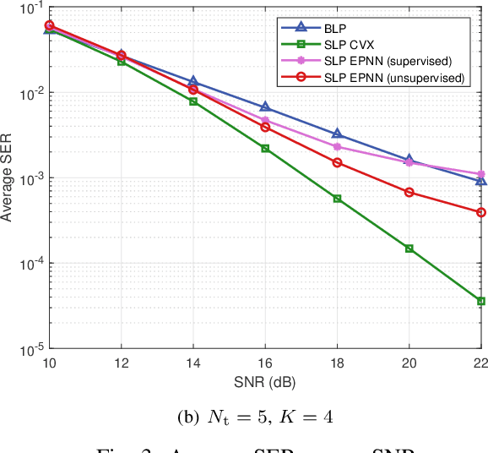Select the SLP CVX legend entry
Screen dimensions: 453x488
(x=348, y=44)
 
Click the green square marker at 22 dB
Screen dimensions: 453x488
(x=481, y=301)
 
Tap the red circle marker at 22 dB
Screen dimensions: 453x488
(x=481, y=212)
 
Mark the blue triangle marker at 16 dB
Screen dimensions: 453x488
(x=265, y=107)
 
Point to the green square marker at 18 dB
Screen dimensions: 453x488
(x=337, y=199)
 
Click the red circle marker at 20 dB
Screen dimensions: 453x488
(x=409, y=192)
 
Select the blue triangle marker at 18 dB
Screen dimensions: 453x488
(x=337, y=134)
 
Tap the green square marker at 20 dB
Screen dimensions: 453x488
(x=409, y=248)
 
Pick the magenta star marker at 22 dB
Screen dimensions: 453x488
(x=481, y=173)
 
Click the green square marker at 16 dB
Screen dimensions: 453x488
(x=265, y=148)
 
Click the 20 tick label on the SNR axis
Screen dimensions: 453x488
(x=409, y=363)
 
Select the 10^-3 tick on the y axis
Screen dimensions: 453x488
(x=25, y=178)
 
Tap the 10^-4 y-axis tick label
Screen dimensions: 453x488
(x=25, y=264)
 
